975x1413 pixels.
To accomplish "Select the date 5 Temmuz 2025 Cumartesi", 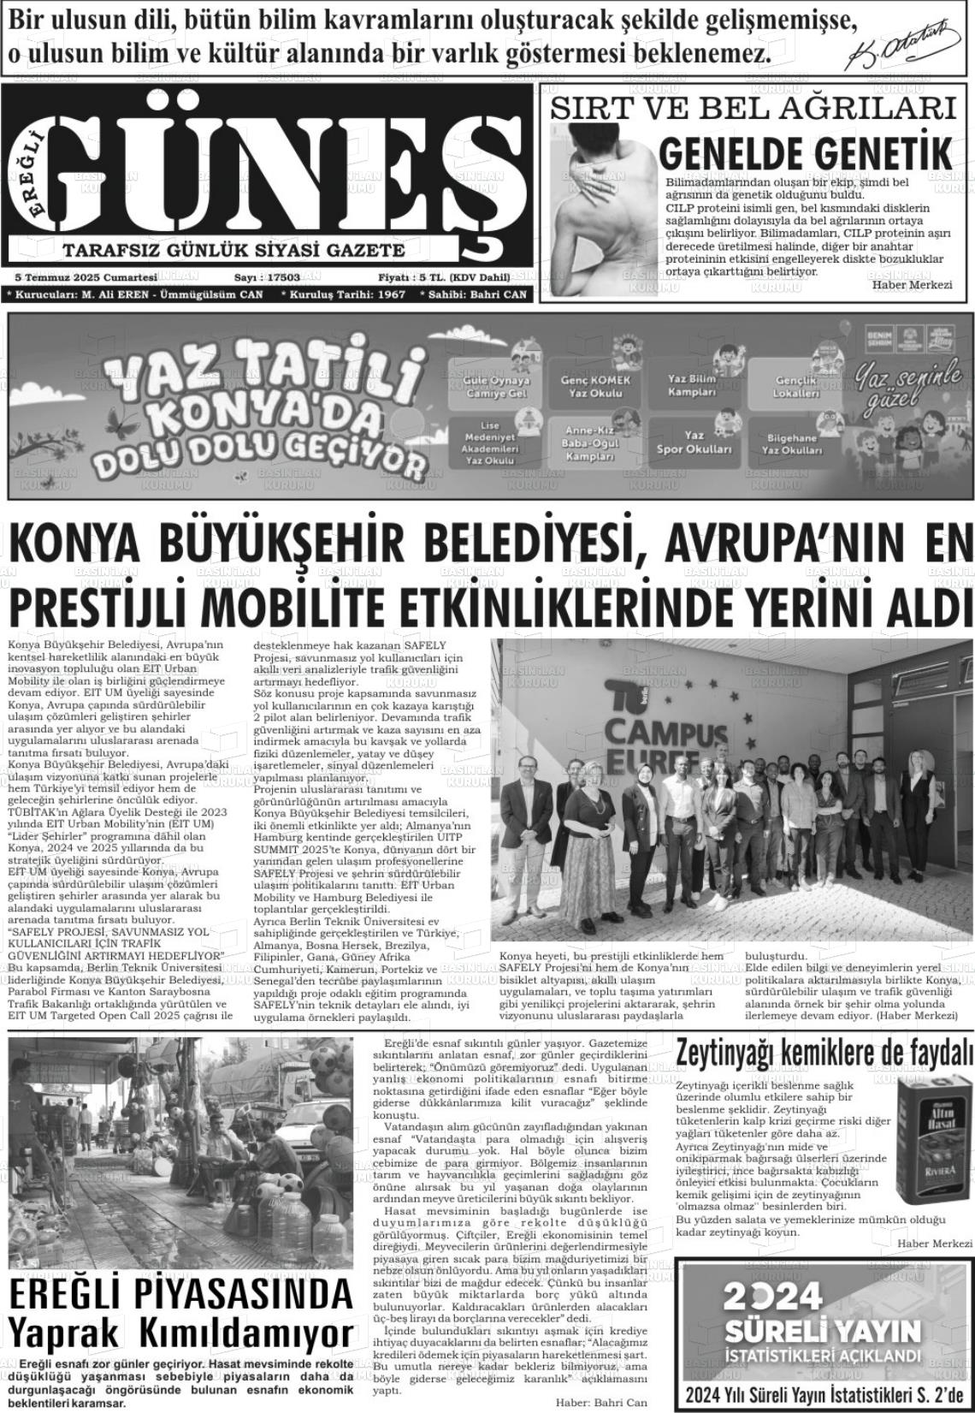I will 86,277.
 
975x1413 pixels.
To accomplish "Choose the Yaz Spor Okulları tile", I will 694,442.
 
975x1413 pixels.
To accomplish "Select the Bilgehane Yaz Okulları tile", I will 791,443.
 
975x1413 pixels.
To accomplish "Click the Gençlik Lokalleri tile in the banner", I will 796,386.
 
